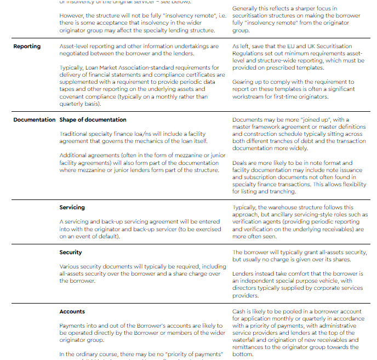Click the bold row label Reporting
pos(27,47)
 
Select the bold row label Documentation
pos(35,120)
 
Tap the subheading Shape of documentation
pos(93,120)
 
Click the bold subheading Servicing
pos(72,208)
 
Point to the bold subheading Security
pos(71,253)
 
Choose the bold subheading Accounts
pos(72,312)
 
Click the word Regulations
pos(251,53)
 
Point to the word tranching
pos(280,192)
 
